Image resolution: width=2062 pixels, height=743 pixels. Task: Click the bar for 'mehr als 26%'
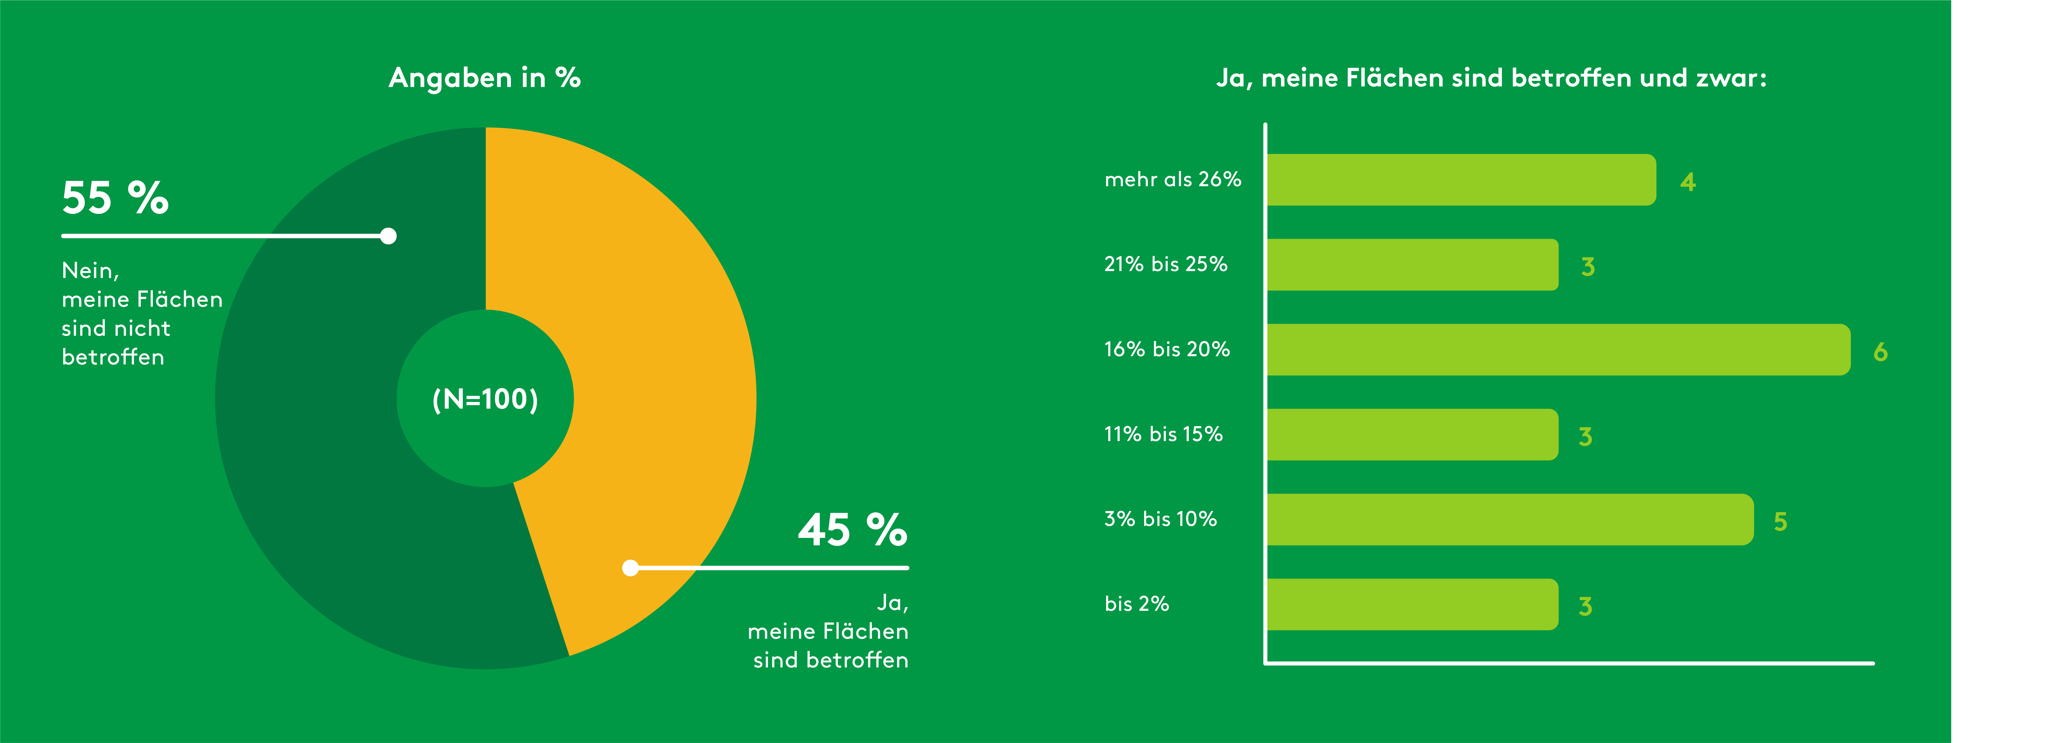[1461, 180]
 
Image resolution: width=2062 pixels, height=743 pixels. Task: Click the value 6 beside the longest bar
[1880, 351]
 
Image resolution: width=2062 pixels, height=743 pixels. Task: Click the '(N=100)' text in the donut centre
[485, 399]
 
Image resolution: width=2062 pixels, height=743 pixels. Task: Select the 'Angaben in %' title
[485, 78]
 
